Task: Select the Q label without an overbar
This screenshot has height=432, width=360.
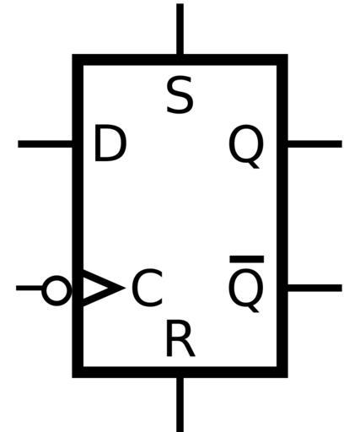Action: (x=246, y=146)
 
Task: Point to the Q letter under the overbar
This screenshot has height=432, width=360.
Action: (x=246, y=290)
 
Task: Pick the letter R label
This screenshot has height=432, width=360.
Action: (x=180, y=338)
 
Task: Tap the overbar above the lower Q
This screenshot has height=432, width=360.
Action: (x=247, y=259)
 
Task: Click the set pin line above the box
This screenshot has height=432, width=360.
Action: (x=180, y=29)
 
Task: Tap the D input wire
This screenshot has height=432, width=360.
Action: (x=45, y=144)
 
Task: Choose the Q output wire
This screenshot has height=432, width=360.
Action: (x=314, y=144)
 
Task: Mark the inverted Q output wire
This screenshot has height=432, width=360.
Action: (x=314, y=288)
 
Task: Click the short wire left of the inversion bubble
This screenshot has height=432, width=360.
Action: (x=30, y=288)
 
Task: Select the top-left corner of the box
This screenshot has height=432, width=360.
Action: (x=73, y=55)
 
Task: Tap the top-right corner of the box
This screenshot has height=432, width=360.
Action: (x=287, y=55)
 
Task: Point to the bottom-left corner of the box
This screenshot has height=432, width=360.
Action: (x=73, y=377)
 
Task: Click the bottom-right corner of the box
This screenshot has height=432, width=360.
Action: (x=287, y=377)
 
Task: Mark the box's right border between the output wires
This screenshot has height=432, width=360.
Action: (x=282, y=216)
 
